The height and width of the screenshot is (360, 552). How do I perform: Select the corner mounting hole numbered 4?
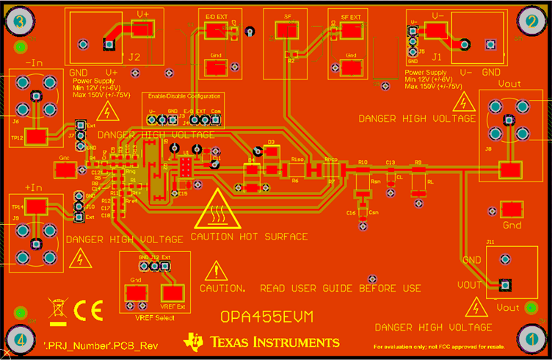coord(21,339)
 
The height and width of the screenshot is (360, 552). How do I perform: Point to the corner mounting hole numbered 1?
coord(530,339)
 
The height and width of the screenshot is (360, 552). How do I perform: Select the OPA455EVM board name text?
coord(266,316)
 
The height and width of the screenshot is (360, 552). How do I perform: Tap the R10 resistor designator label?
coord(363,162)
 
